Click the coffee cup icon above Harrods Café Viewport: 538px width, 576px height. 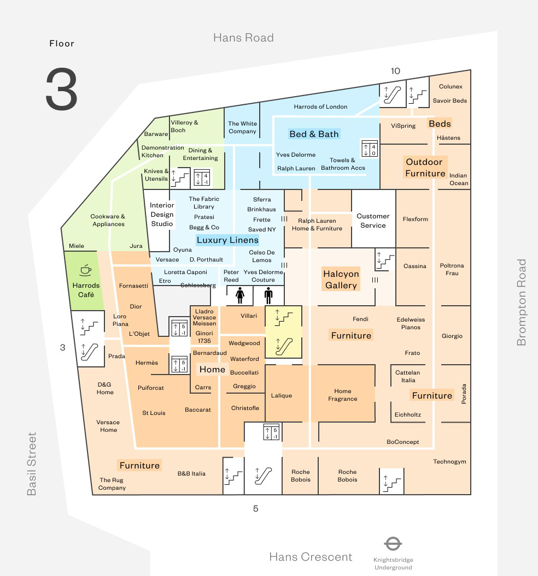(x=86, y=269)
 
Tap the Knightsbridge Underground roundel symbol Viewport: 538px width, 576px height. (x=393, y=544)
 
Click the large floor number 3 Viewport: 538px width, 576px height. (x=61, y=90)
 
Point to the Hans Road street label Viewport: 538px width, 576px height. (x=243, y=38)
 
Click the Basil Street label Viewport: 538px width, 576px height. (x=32, y=464)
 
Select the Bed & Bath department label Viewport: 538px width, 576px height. (x=314, y=134)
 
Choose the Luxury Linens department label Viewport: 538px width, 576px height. (x=227, y=240)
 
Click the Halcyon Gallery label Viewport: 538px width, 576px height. (x=341, y=280)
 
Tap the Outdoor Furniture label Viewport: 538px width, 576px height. (x=425, y=168)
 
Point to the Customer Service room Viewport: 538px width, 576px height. (x=373, y=221)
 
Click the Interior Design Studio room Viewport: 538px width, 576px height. (x=162, y=214)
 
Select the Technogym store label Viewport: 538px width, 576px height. (x=449, y=461)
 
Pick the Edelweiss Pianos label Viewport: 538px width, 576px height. (x=411, y=323)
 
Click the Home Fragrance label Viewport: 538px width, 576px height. (x=343, y=395)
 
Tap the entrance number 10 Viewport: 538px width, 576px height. (x=395, y=71)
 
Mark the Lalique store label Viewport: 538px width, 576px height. (x=282, y=395)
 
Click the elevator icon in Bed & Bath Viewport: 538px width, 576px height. (x=370, y=149)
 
